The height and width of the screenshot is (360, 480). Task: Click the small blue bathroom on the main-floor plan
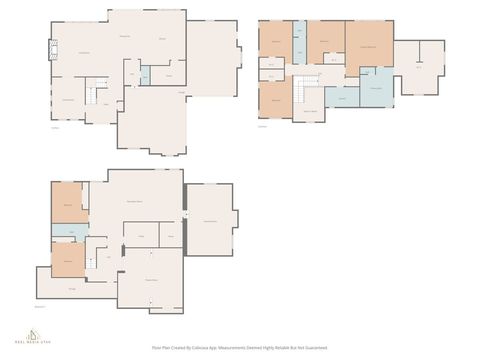pos(144,74)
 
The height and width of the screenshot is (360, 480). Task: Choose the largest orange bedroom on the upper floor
pos(368,44)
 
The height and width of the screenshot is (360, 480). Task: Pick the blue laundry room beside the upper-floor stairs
pos(342,96)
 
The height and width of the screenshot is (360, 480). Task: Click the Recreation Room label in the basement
pos(133,204)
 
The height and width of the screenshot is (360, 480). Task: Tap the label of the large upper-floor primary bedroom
pos(368,47)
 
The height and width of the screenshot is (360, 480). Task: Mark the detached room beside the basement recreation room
pos(209,219)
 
